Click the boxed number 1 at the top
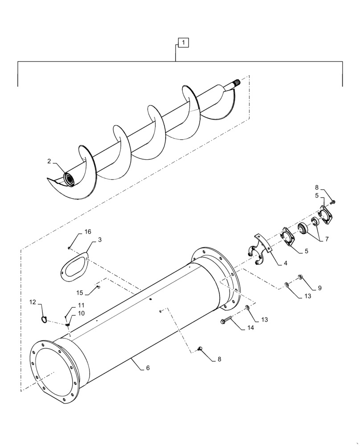184,43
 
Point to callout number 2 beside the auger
49,161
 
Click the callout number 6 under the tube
148,368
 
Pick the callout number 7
327,239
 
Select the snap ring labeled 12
44,318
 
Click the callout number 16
88,231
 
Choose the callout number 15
79,293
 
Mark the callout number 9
319,288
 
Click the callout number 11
81,305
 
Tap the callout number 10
81,314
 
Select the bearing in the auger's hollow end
70,179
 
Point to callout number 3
100,240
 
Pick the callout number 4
285,263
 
